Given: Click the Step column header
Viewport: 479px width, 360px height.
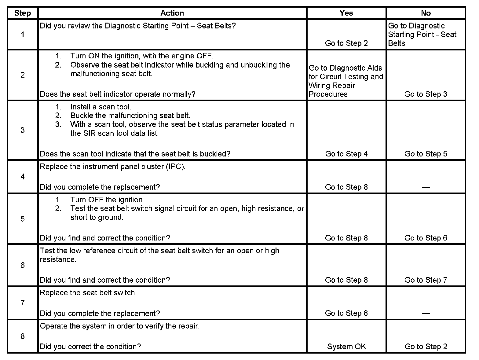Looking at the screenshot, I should [x=23, y=13].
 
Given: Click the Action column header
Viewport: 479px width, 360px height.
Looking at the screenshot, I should [x=172, y=13].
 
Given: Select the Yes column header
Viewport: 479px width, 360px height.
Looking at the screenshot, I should [x=346, y=13].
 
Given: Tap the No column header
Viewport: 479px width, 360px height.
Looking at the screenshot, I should [x=426, y=13].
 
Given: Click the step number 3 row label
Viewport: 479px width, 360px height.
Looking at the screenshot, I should [x=23, y=130].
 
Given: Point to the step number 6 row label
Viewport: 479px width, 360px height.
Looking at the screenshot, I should [x=23, y=265].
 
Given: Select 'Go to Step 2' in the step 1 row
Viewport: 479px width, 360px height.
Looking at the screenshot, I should [x=346, y=43].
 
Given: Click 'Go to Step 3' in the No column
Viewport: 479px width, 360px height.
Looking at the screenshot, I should [x=426, y=94].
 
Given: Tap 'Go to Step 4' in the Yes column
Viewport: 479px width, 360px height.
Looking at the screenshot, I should [x=346, y=154].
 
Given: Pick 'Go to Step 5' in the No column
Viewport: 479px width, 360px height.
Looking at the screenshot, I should [x=426, y=154].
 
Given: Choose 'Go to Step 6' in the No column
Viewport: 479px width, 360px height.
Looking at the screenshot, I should [x=426, y=238].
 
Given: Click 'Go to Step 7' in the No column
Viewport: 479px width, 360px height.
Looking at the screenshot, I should [x=426, y=280].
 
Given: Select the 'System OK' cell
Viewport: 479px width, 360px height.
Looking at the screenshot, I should [x=346, y=347].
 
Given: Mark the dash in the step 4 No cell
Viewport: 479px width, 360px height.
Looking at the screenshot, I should [x=426, y=187].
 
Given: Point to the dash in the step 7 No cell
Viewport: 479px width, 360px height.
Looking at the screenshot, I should [x=426, y=313].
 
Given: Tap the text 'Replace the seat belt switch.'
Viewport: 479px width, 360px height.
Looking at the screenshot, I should [x=88, y=293].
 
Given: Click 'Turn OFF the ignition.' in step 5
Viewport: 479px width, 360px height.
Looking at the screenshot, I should [x=107, y=200].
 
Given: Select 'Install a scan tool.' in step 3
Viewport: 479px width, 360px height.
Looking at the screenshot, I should [x=101, y=107].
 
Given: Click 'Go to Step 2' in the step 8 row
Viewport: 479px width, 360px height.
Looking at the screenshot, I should [x=426, y=347].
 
